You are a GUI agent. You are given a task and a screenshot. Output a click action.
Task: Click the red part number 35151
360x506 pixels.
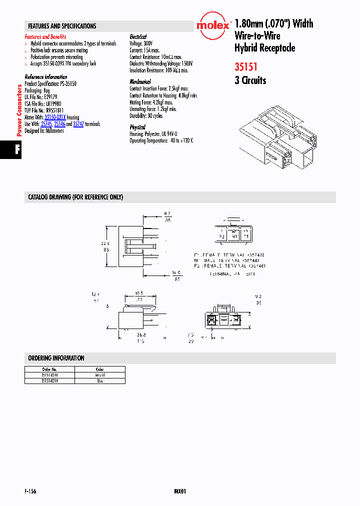[x=246, y=65]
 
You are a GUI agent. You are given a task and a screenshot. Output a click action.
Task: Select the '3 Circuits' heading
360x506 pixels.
[x=250, y=80]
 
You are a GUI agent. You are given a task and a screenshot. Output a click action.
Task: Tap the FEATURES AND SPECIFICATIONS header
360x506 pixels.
[x=62, y=26]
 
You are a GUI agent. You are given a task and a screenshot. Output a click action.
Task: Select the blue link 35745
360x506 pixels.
[x=45, y=124]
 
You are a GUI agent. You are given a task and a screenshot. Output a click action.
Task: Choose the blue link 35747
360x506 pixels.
[x=78, y=124]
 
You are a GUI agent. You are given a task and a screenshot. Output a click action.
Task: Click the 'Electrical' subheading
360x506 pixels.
[x=138, y=37]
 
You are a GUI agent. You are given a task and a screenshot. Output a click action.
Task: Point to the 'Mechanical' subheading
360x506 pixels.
[x=140, y=81]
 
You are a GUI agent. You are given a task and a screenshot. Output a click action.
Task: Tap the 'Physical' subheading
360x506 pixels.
[x=137, y=127]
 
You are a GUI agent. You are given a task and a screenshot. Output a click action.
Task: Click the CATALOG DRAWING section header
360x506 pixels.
[x=75, y=197]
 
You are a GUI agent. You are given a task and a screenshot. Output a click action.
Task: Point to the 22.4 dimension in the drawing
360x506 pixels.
[x=105, y=243]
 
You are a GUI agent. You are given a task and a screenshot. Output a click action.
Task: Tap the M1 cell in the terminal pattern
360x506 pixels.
[x=233, y=236]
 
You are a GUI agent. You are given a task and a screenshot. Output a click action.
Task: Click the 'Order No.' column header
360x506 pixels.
[x=49, y=369]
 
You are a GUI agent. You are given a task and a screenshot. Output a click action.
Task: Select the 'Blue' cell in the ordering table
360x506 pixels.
[x=99, y=381]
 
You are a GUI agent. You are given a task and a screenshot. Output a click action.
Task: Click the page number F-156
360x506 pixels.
[x=30, y=491]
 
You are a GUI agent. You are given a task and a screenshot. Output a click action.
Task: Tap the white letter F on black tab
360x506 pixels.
[x=17, y=150]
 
